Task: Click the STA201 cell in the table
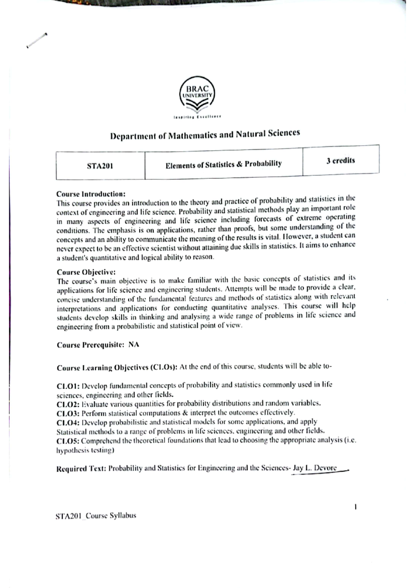click(100, 166)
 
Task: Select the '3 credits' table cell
click(340, 161)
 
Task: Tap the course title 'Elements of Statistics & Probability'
click(223, 164)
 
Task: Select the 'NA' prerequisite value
click(134, 345)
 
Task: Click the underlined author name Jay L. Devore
click(314, 468)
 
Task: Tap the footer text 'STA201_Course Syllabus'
click(96, 516)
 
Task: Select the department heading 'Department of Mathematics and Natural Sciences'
click(205, 135)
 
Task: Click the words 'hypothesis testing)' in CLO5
click(85, 451)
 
